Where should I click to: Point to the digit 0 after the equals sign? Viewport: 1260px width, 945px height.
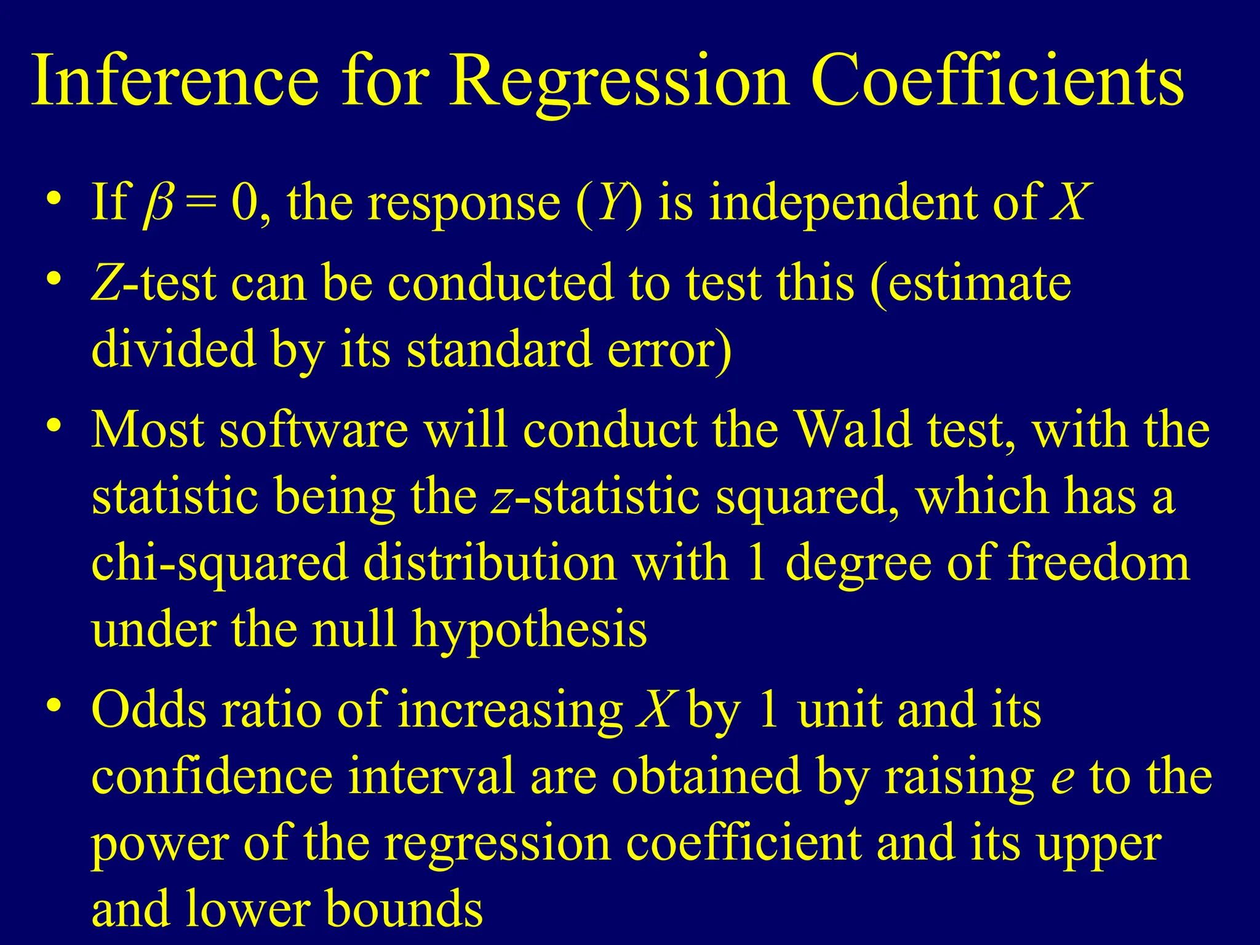tap(245, 203)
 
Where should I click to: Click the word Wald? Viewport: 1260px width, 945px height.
tap(853, 429)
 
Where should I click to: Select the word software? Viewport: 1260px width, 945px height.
tap(314, 429)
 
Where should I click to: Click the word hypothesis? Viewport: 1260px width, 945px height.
tap(530, 630)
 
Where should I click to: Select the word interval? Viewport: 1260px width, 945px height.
tap(431, 776)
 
